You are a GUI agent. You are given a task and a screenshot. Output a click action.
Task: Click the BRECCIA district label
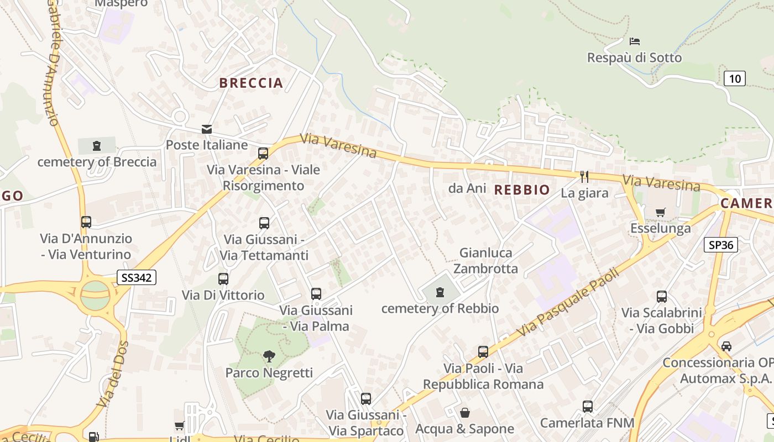pos(251,83)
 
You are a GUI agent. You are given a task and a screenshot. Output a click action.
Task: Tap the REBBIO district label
pos(522,190)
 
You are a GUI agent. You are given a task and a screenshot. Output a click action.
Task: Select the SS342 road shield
pos(137,277)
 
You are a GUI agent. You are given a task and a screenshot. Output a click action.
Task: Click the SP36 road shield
pos(721,245)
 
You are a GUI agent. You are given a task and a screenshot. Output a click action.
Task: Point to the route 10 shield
pos(734,78)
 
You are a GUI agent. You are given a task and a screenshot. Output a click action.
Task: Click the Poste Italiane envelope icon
pos(207,129)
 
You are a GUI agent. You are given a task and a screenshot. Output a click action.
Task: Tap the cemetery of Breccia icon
pos(97,146)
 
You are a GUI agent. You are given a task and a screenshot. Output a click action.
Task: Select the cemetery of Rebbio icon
pos(440,292)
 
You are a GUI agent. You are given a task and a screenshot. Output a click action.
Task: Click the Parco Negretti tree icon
pos(269,356)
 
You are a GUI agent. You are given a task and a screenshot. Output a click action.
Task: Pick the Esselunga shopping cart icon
pos(660,212)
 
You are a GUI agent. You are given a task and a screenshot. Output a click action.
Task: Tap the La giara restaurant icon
pos(584,177)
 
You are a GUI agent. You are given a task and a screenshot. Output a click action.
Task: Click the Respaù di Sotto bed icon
pos(634,41)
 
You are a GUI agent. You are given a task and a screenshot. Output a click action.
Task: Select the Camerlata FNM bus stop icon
pos(587,407)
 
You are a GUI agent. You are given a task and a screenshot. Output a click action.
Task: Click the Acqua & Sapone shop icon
pos(465,413)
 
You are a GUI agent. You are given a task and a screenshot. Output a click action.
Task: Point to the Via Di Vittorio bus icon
pos(223,279)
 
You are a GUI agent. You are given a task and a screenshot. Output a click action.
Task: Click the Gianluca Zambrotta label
pos(485,261)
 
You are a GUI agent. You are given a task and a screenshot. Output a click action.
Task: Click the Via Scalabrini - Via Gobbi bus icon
pos(661,297)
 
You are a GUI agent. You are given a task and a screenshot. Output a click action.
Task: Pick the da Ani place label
pos(467,188)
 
